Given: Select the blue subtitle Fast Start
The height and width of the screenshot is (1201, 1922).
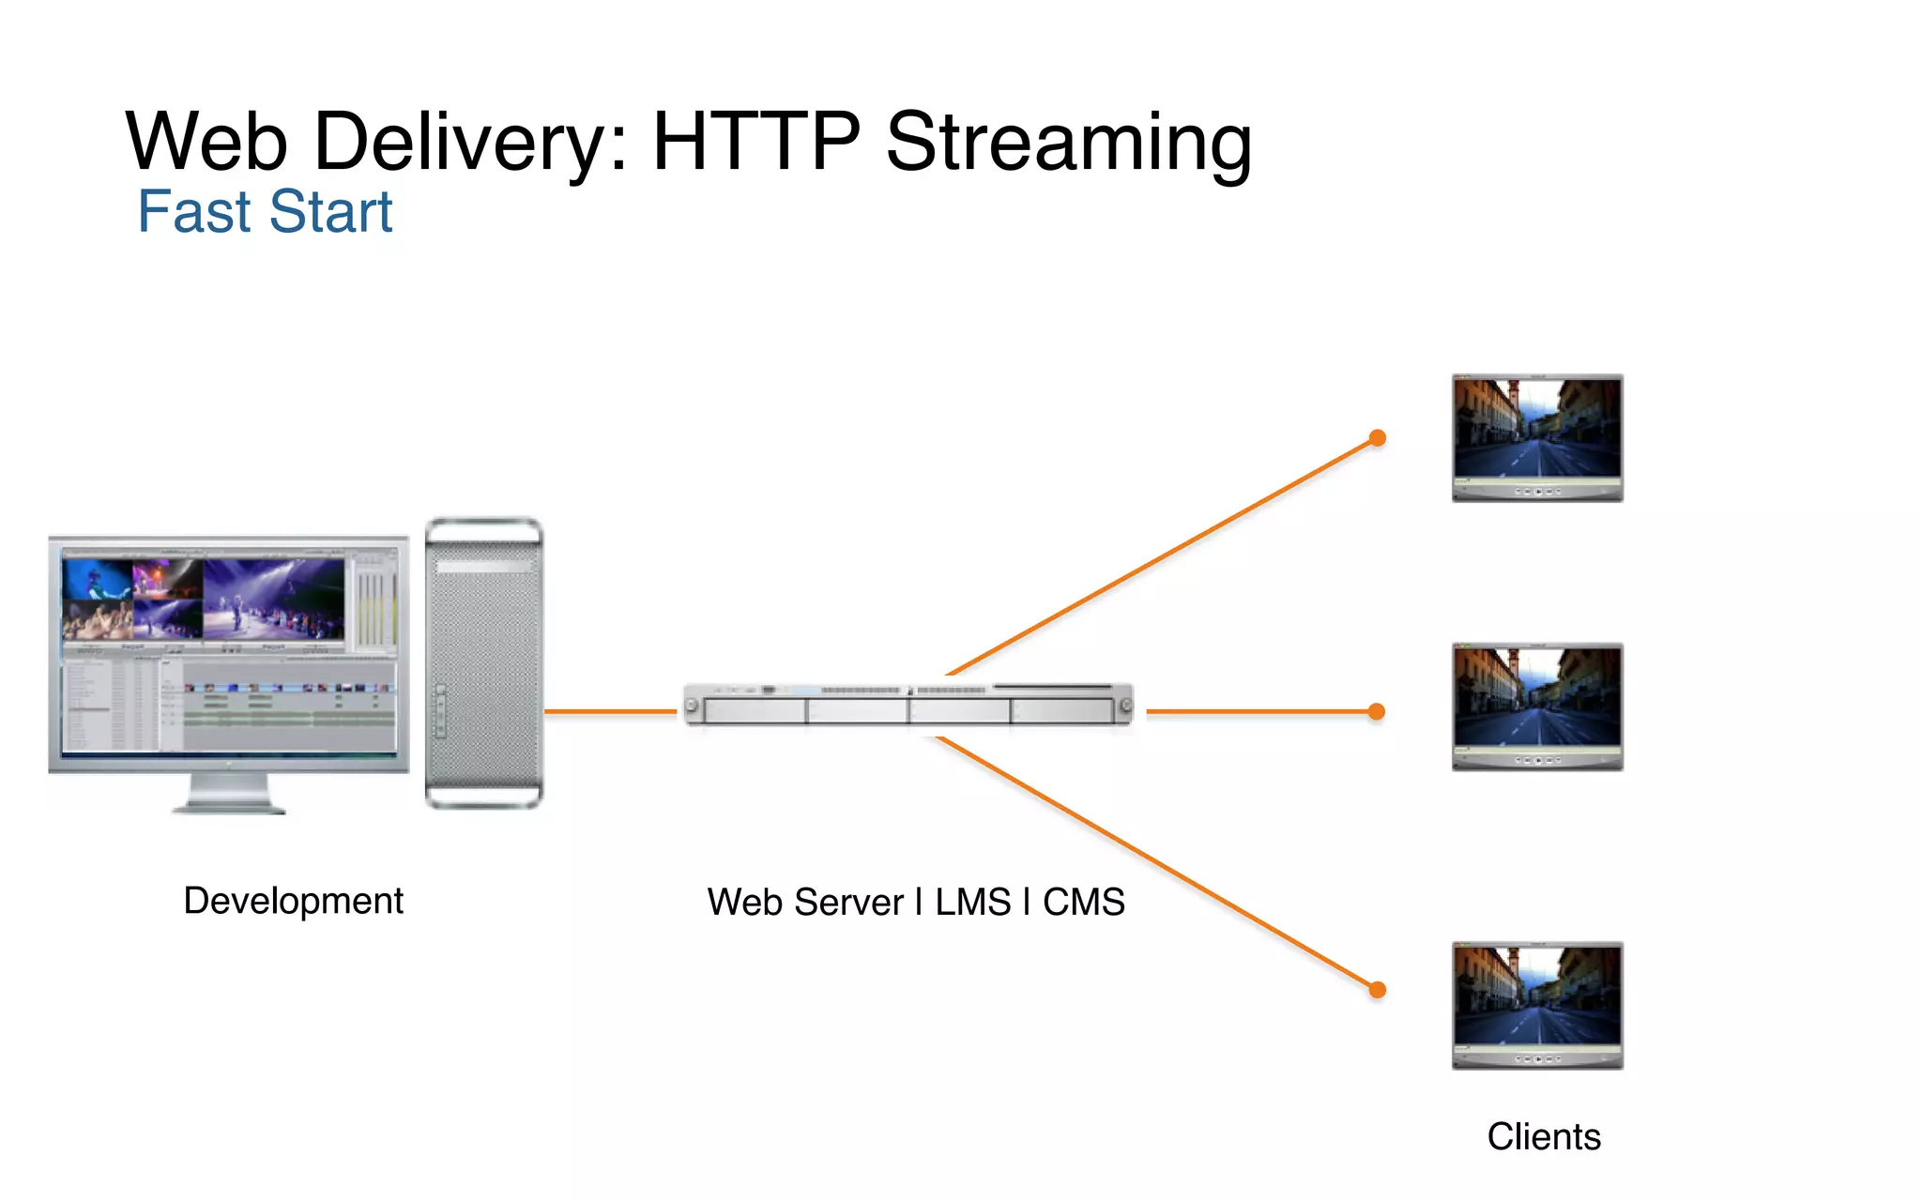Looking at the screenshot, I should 265,212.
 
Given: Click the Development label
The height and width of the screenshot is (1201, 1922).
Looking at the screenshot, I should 293,901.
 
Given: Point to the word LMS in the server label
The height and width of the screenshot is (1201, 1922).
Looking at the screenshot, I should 972,903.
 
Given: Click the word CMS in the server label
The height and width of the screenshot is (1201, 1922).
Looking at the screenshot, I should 1083,903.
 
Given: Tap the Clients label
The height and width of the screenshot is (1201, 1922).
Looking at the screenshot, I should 1544,1137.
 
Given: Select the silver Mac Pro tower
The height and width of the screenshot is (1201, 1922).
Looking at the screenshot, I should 483,662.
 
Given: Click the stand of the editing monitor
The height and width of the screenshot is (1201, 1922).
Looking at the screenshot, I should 229,794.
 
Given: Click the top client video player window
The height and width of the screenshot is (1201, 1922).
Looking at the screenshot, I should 1537,437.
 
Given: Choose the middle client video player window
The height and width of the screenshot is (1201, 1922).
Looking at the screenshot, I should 1537,707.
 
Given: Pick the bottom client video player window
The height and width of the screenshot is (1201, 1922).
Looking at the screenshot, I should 1537,1005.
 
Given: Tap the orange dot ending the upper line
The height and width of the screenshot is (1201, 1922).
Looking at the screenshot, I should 1377,438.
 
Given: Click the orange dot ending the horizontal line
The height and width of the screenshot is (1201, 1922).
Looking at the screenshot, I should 1377,712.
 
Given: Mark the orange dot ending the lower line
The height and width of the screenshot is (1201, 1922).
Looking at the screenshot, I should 1377,989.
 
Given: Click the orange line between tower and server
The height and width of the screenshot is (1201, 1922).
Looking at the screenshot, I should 610,712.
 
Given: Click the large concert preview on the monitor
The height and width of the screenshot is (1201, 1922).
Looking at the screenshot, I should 273,599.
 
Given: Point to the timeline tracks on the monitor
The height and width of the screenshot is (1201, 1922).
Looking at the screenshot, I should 289,708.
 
